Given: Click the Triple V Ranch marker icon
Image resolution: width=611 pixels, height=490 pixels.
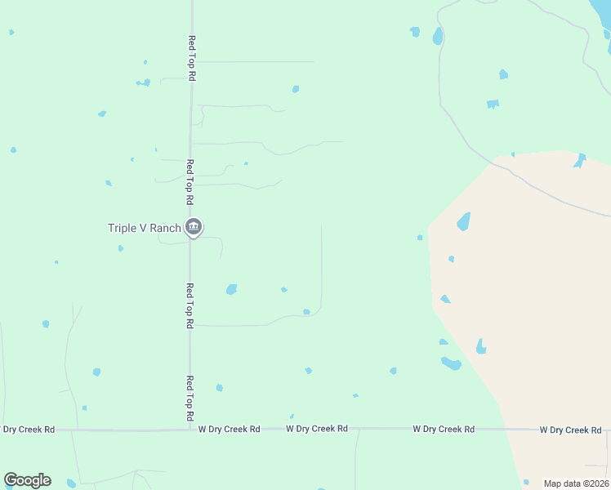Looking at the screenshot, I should click(194, 227).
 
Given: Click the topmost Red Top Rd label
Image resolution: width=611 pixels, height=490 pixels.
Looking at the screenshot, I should click(191, 57).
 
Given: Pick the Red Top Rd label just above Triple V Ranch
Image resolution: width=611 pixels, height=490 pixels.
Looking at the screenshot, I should click(190, 181).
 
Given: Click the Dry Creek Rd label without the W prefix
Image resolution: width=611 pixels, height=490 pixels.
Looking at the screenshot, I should click(29, 429).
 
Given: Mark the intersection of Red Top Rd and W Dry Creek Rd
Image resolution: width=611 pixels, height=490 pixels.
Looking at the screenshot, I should click(190, 429).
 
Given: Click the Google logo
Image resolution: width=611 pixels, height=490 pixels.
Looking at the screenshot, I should click(27, 480).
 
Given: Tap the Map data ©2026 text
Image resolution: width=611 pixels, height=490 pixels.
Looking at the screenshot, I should click(576, 483).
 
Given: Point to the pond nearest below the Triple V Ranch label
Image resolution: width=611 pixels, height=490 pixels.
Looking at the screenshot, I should click(121, 248).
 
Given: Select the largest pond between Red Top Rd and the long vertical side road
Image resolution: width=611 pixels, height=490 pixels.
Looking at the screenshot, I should click(231, 289).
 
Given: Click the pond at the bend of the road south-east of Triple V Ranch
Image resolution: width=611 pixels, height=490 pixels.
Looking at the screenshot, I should click(306, 311).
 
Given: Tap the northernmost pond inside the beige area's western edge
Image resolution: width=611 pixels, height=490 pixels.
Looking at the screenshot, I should click(463, 221).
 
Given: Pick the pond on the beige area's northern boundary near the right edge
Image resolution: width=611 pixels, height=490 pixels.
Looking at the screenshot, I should click(580, 160).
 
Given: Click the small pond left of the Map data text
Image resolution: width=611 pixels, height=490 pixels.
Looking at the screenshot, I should click(526, 482).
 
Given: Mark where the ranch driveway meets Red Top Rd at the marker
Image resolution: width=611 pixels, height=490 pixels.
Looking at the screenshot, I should click(190, 238).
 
